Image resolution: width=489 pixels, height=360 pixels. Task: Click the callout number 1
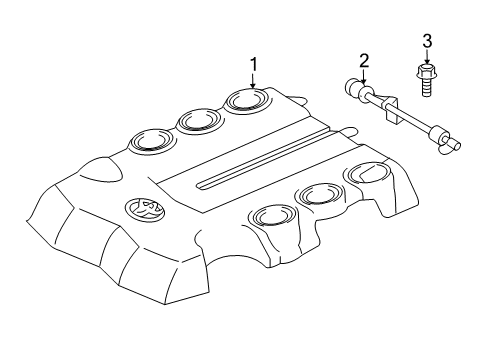coord(253,65)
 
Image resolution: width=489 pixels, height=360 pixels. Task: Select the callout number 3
coord(426,41)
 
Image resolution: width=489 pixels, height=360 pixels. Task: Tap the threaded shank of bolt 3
coord(426,89)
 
